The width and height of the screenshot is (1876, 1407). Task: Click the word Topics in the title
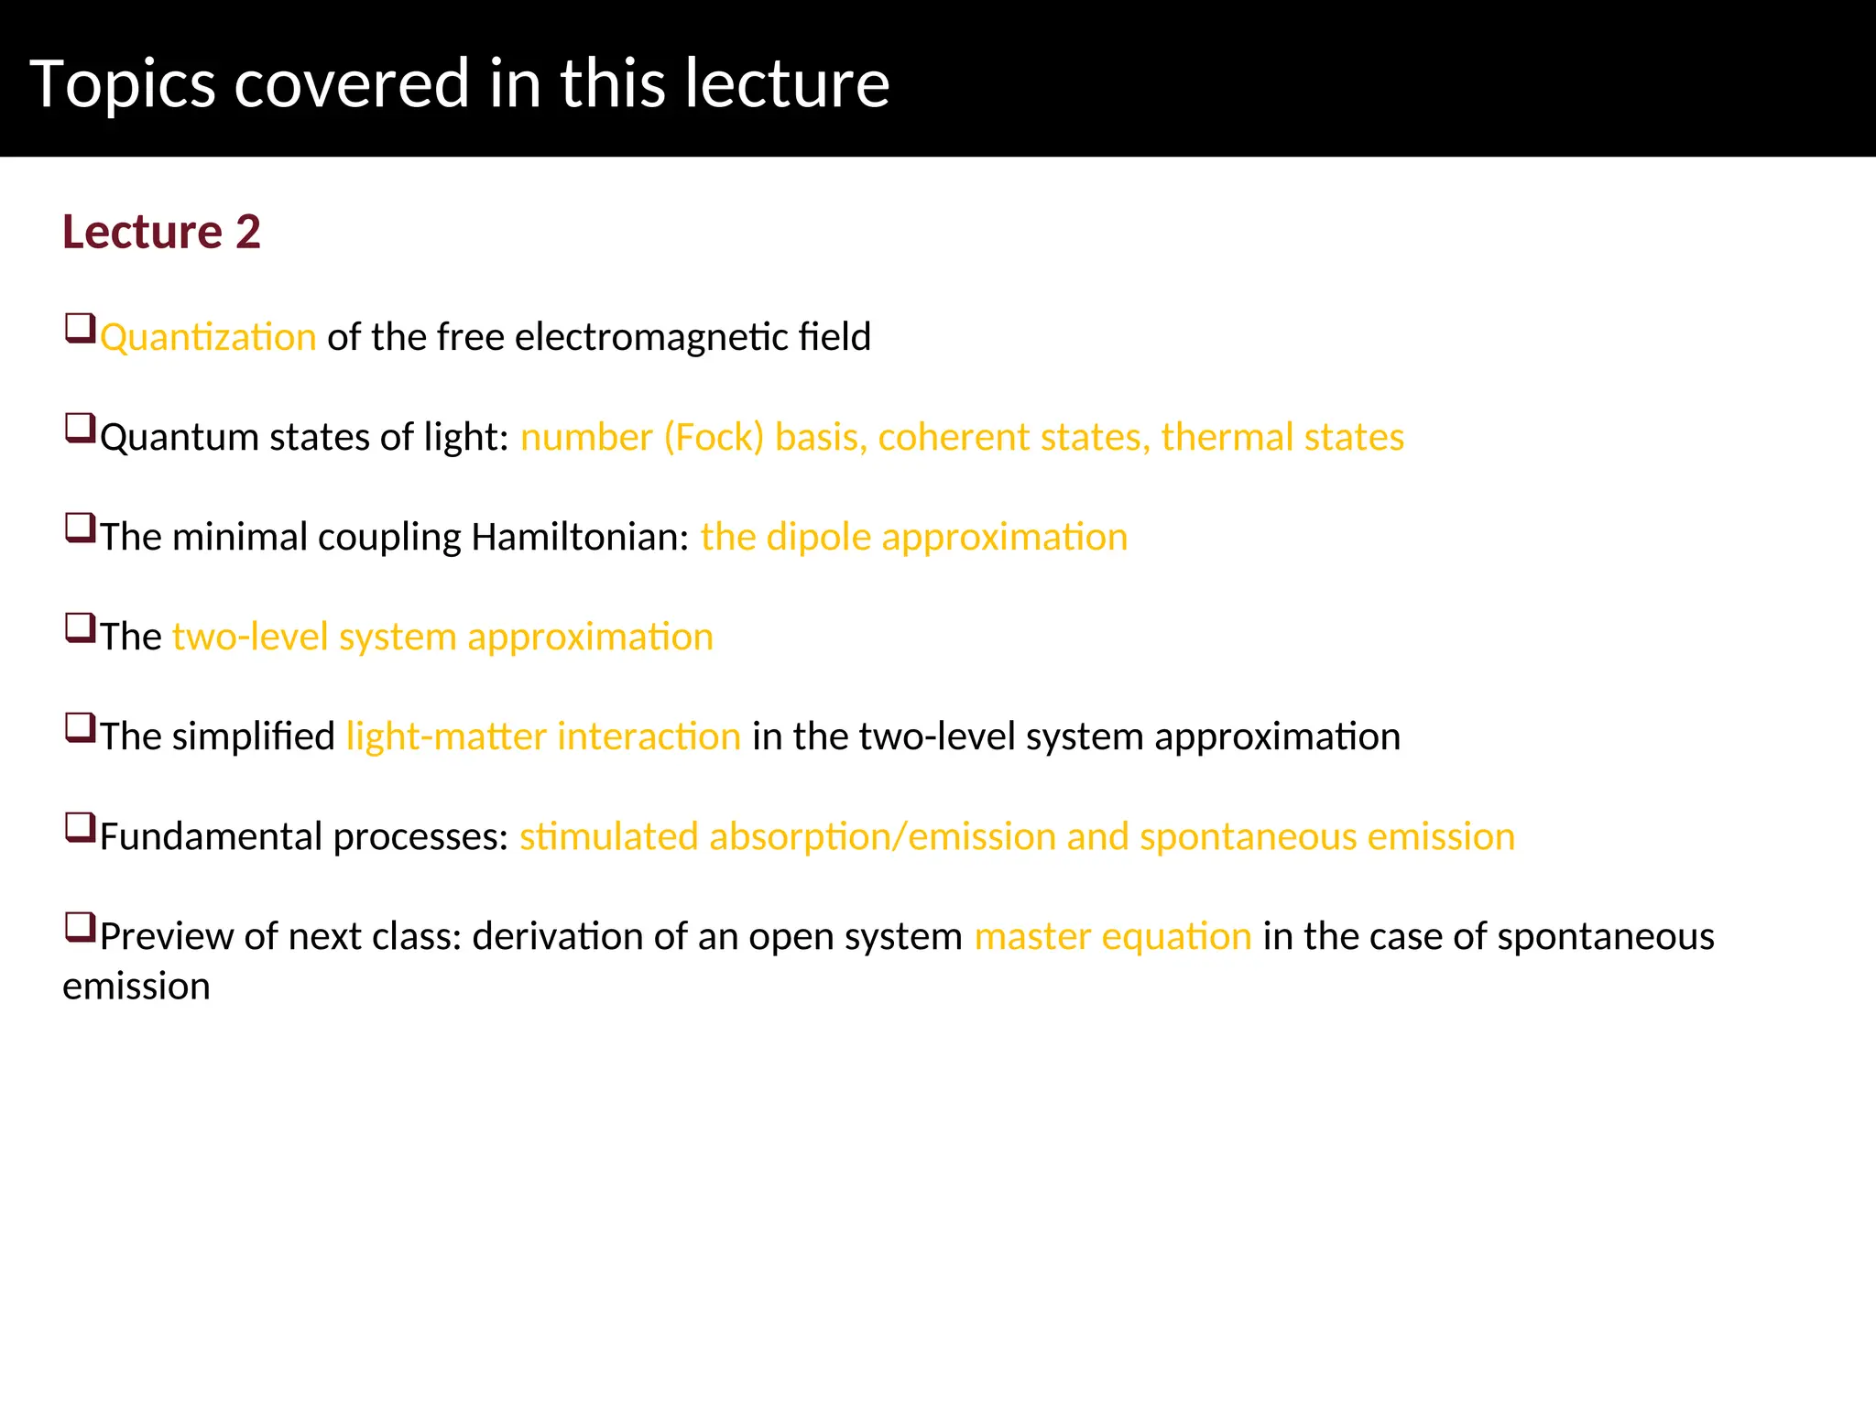click(123, 84)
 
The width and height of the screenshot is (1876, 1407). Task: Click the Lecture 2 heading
click(161, 232)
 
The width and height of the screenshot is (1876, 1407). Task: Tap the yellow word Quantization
click(208, 338)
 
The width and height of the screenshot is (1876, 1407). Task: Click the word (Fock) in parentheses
click(714, 438)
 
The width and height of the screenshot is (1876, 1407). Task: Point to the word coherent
click(954, 438)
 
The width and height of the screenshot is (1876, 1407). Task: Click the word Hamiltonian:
click(580, 538)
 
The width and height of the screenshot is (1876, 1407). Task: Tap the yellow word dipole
click(818, 538)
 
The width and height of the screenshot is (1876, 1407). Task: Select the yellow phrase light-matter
click(446, 737)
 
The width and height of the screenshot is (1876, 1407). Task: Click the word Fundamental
click(211, 837)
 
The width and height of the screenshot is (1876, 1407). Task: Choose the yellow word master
click(1032, 937)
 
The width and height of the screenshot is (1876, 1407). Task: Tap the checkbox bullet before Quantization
click(81, 329)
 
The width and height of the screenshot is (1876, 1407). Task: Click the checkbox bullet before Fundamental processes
click(81, 828)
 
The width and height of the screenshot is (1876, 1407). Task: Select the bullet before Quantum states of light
click(81, 429)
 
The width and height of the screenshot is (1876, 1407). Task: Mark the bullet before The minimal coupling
click(81, 529)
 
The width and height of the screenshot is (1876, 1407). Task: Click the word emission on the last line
click(136, 987)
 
